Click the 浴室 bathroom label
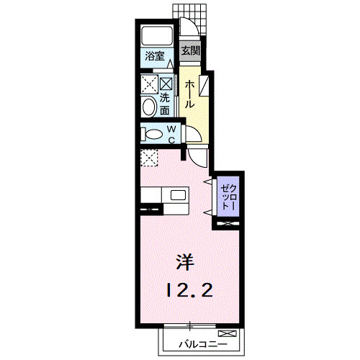click(155, 55)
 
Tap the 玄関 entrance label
click(190, 50)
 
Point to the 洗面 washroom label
click(165, 104)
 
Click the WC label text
click(172, 134)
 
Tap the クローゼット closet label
click(227, 194)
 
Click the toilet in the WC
click(151, 134)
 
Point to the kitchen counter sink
click(176, 196)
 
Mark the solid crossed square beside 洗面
click(166, 83)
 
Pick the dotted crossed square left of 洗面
click(150, 84)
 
